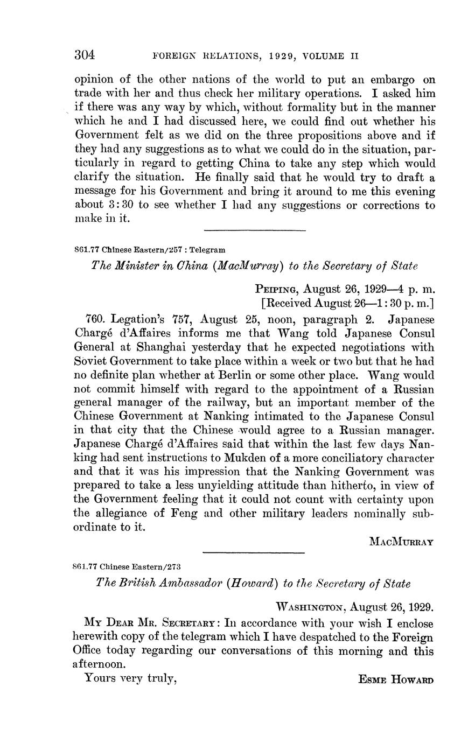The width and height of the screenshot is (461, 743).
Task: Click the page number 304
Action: click(84, 55)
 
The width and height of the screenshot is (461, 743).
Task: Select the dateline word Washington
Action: click(310, 608)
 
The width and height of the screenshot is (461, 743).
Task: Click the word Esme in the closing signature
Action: click(372, 680)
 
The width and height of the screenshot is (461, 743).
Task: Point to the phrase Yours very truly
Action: click(131, 678)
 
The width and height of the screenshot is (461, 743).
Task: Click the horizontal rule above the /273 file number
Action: click(254, 553)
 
